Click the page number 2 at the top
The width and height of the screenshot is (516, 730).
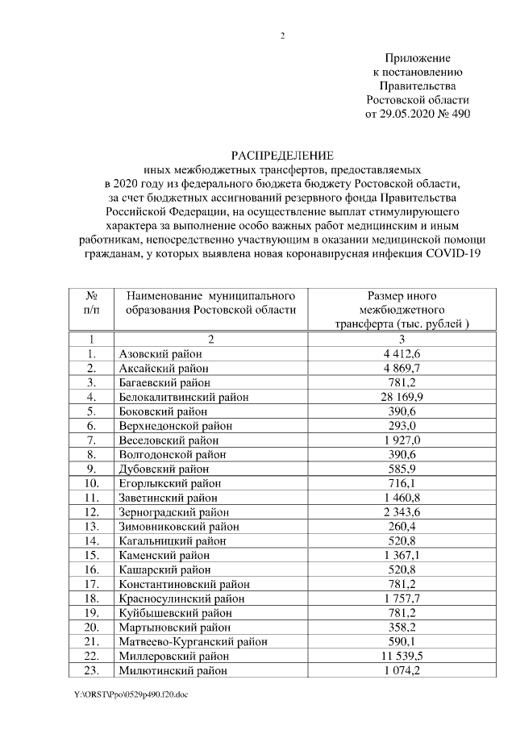pyautogui.click(x=282, y=35)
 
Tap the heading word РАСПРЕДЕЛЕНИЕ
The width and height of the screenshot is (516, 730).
pyautogui.click(x=281, y=155)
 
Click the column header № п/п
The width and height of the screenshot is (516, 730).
pyautogui.click(x=92, y=302)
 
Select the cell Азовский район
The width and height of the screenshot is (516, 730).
pyautogui.click(x=160, y=354)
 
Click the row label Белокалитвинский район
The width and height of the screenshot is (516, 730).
pyautogui.click(x=183, y=397)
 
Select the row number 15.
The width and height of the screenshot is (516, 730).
pyautogui.click(x=92, y=556)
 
